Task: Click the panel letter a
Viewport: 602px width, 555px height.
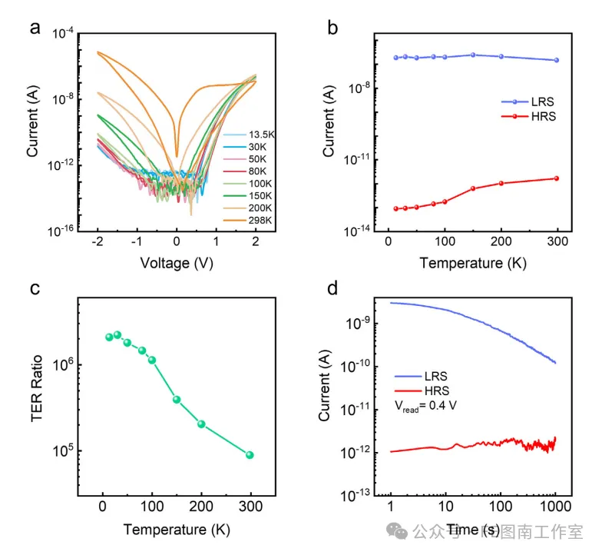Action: (35, 29)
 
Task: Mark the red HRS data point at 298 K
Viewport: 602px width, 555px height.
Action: (557, 178)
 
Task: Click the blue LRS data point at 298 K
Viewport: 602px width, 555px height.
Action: (557, 60)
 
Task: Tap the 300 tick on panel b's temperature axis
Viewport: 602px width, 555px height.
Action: (557, 241)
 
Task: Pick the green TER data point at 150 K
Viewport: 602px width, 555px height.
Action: (177, 400)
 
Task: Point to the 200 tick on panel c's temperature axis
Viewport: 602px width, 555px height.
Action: (201, 508)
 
